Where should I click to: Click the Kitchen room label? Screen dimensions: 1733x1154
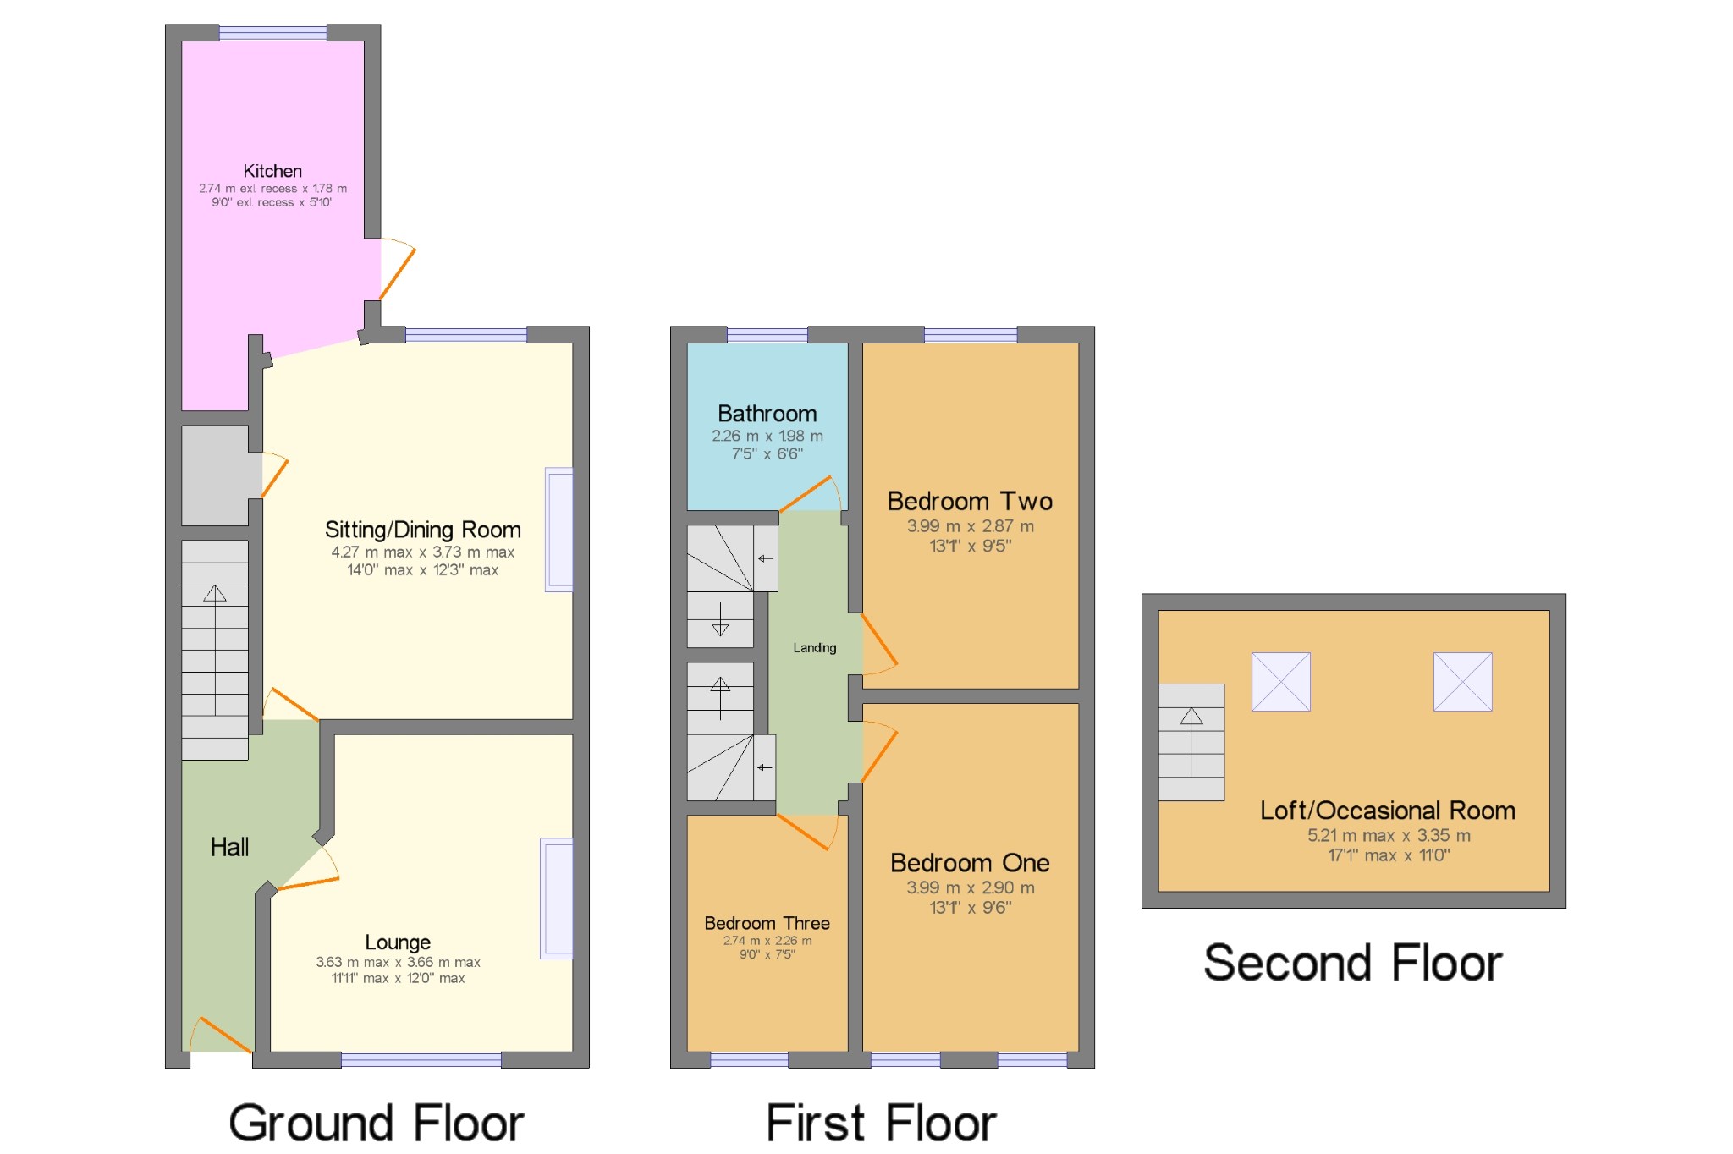(x=272, y=171)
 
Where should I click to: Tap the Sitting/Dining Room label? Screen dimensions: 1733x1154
(x=423, y=530)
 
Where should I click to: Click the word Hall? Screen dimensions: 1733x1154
(x=229, y=847)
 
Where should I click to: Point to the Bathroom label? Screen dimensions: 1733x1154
(x=767, y=414)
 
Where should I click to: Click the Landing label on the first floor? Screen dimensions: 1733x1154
(x=815, y=648)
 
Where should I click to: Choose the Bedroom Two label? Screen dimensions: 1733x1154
(x=970, y=501)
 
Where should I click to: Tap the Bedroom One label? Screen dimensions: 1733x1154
(x=970, y=863)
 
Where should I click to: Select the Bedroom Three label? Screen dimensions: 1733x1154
(x=767, y=923)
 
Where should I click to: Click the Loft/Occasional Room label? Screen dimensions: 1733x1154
(x=1388, y=811)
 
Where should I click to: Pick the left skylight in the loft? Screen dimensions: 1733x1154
(x=1281, y=682)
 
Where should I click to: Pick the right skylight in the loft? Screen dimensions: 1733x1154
(x=1463, y=682)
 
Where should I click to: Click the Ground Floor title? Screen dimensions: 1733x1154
(x=377, y=1124)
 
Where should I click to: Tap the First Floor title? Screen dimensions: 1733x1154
(x=882, y=1124)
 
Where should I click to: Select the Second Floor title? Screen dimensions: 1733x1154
(x=1353, y=963)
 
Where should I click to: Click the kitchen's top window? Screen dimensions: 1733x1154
(x=273, y=33)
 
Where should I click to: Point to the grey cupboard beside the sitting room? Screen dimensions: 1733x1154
(x=216, y=475)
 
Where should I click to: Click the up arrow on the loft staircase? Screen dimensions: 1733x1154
(x=1191, y=742)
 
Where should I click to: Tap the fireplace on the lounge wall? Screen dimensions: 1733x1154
(x=557, y=898)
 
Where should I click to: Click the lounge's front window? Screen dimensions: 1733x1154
(x=421, y=1060)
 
